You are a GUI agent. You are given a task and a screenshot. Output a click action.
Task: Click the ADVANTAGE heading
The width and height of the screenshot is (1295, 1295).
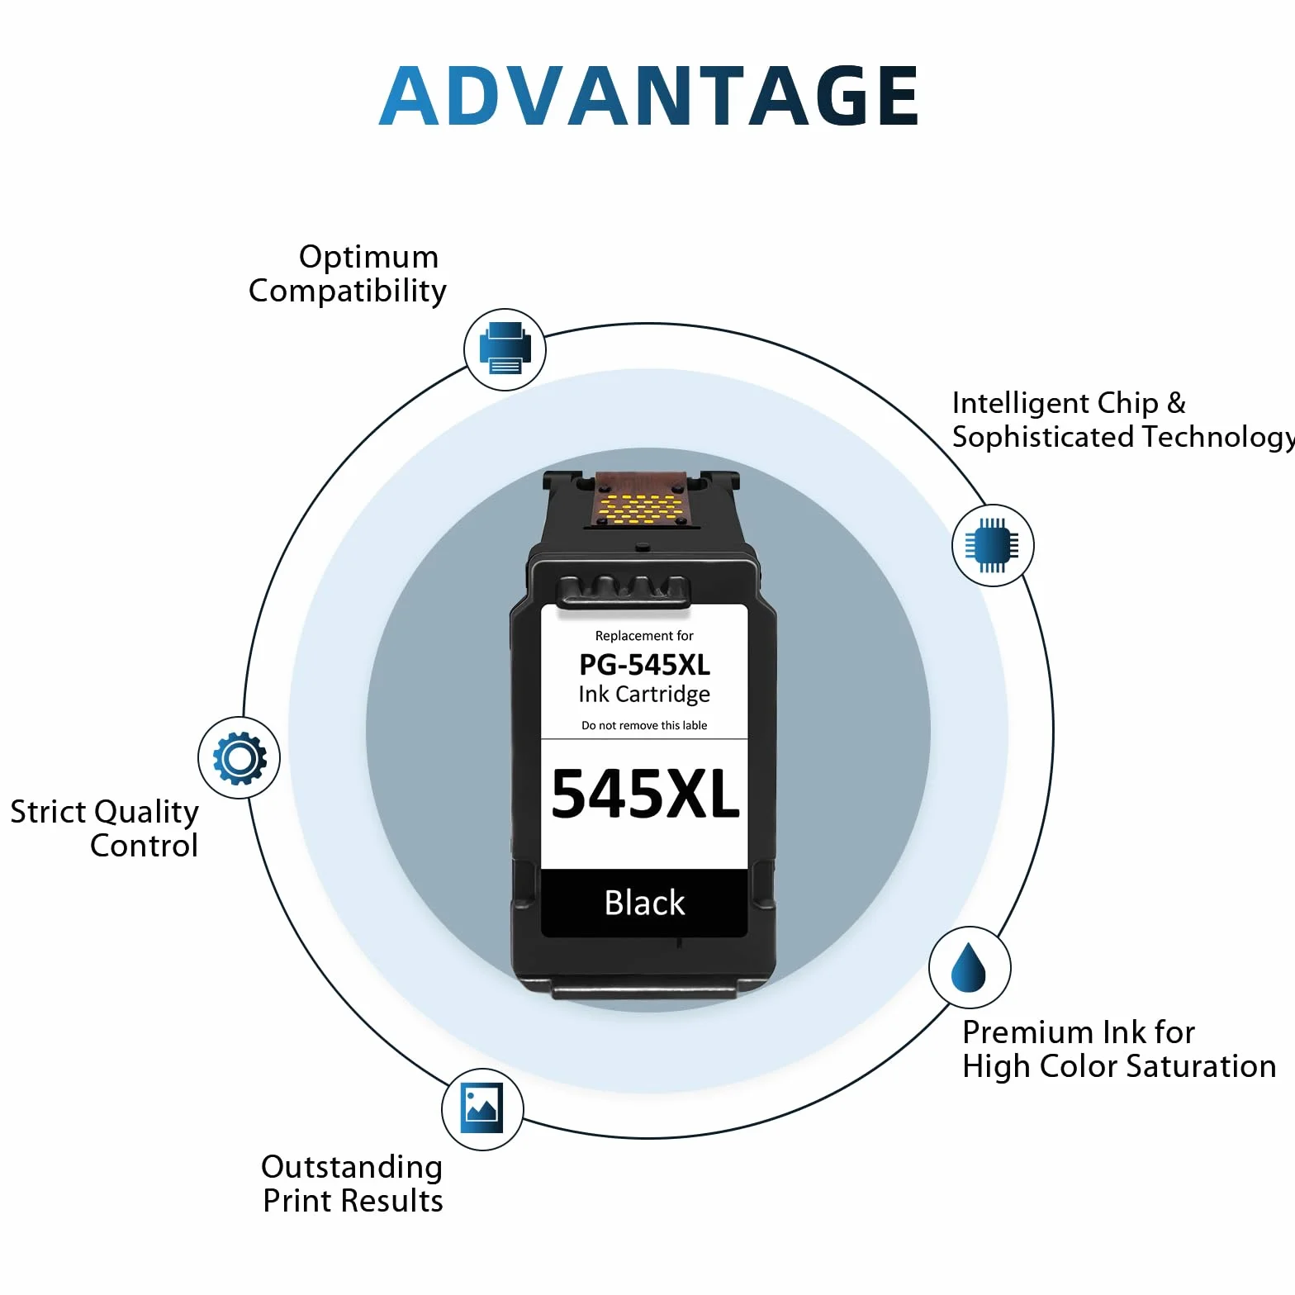pos(648,96)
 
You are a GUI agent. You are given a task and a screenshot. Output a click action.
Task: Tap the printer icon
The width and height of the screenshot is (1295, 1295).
pos(505,349)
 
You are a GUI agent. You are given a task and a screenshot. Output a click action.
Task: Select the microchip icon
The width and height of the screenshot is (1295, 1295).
pos(992,545)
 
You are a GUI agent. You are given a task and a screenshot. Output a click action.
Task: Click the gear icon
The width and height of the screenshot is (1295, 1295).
pos(240,758)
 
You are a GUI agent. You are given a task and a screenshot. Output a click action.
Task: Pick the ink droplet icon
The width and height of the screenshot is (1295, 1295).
pos(969,967)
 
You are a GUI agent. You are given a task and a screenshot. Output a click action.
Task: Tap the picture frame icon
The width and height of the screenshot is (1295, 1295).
pos(481,1108)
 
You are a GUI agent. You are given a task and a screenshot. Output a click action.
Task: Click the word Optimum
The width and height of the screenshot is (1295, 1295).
pos(368,257)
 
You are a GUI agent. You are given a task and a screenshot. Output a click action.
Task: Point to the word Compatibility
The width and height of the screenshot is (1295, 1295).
pos(348,292)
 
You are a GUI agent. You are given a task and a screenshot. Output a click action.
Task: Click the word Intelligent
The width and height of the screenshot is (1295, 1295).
pos(1020,403)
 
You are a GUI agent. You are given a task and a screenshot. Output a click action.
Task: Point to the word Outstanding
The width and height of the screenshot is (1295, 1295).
pos(352,1168)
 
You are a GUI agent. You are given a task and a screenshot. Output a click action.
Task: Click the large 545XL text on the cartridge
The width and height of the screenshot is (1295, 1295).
pos(645,795)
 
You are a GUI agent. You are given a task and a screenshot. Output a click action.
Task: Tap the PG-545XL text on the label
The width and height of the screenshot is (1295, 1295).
pos(644,665)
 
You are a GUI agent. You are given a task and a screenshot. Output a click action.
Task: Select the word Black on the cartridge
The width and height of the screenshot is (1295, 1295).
pos(645,903)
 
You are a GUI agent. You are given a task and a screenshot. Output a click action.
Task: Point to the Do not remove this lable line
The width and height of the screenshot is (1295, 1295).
pos(644,725)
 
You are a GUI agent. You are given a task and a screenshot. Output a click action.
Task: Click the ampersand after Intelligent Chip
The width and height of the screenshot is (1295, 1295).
pos(1176,403)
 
